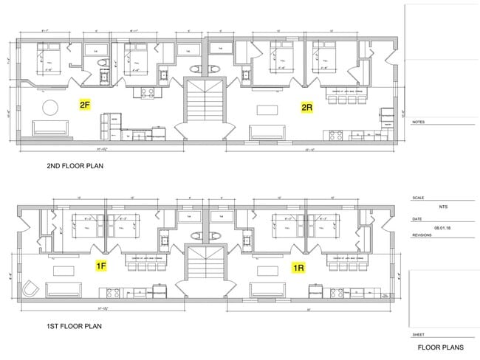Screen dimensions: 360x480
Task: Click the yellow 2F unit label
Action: point(85,105)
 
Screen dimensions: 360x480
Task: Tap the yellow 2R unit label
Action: point(306,108)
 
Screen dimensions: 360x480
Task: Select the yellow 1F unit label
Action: point(102,265)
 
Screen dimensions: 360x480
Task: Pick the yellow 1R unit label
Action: point(299,267)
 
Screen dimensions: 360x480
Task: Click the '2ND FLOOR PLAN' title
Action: point(74,167)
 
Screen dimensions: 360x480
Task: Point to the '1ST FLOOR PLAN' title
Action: point(72,325)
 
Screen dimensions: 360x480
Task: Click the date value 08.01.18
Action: point(442,229)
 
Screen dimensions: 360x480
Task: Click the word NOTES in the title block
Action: point(418,122)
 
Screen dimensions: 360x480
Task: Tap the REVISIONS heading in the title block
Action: point(422,234)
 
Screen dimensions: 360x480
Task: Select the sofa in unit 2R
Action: point(268,132)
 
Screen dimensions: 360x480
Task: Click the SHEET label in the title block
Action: point(417,333)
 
